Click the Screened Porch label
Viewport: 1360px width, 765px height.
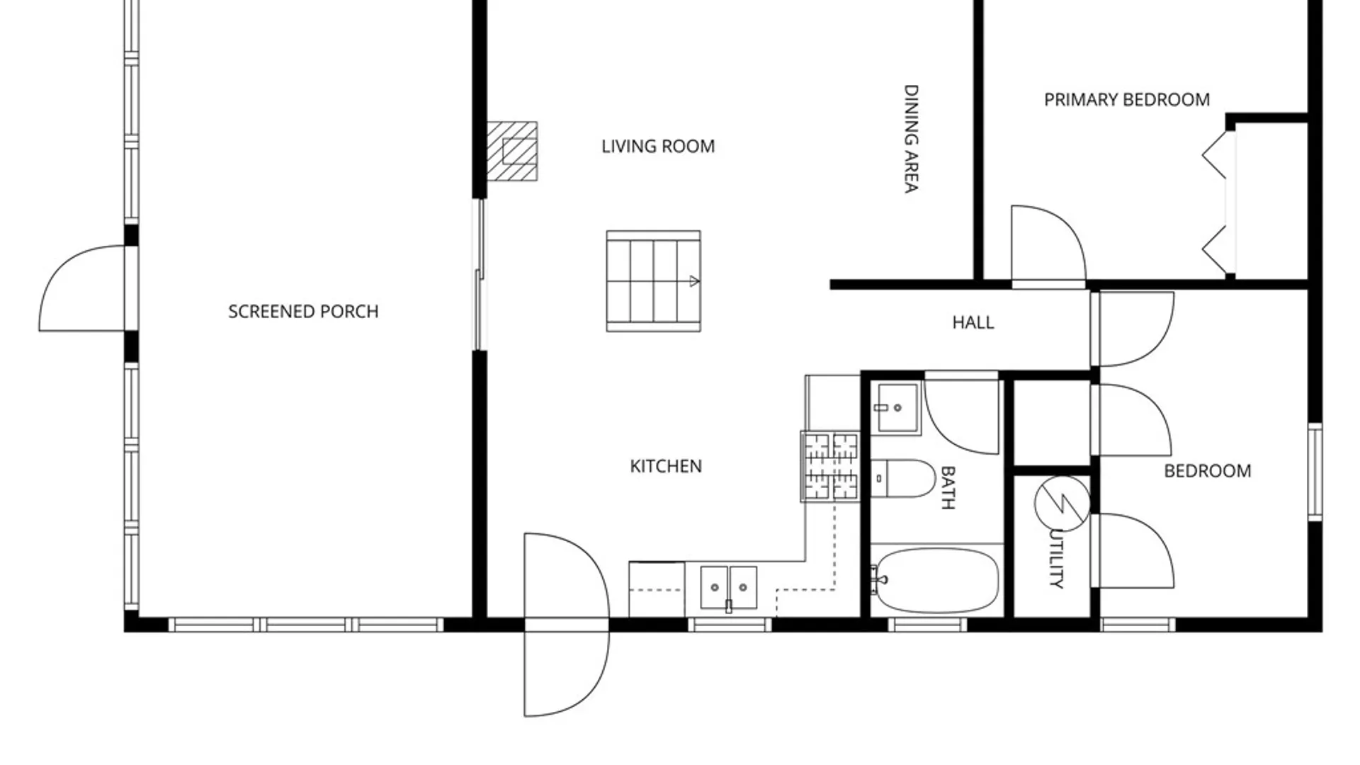pos(303,312)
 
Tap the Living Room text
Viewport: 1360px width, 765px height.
pos(658,147)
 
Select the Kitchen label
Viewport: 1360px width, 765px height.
pos(666,466)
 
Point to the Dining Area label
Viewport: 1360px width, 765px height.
pos(911,139)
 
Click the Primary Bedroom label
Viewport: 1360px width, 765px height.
pos(1127,100)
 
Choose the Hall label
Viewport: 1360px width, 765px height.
pos(973,323)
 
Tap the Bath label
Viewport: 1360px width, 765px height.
pos(948,487)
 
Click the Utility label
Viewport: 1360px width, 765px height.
pos(1056,558)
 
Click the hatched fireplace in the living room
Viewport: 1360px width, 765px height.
pos(512,151)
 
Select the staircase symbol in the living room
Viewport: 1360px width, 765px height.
pos(653,280)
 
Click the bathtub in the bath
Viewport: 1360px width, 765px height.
pos(934,581)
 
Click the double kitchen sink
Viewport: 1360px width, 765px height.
pos(729,587)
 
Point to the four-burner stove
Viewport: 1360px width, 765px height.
pos(831,466)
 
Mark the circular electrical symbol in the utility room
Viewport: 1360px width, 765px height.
pos(1062,503)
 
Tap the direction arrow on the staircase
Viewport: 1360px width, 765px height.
pos(694,281)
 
